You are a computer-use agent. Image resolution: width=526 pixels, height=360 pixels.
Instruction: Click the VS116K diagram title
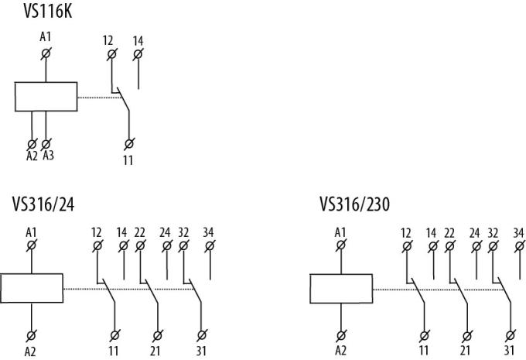point(48,11)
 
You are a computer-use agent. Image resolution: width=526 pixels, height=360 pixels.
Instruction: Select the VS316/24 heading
point(43,204)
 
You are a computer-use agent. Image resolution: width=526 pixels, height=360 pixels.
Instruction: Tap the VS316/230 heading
point(354,204)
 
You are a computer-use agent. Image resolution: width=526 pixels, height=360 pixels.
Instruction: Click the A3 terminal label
point(48,156)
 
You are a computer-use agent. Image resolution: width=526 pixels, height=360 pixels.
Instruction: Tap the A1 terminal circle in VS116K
point(46,53)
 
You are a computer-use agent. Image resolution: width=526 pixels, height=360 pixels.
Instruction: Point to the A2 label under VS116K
point(32,156)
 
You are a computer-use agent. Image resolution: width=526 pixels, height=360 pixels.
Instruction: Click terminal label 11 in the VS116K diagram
point(128,160)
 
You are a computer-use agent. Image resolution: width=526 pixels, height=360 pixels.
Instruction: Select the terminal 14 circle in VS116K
point(138,54)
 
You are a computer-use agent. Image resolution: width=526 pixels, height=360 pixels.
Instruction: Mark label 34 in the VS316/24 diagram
point(208,232)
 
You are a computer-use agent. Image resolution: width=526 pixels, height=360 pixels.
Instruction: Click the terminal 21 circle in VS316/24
point(157,335)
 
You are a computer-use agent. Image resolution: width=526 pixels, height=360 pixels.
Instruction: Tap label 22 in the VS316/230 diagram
point(449,233)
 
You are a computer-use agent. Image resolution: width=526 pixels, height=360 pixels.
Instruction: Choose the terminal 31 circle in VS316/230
point(511,335)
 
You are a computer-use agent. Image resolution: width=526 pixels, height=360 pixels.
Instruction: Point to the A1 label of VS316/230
point(340,232)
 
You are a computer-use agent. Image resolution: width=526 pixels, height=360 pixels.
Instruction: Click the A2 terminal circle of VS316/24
point(31,335)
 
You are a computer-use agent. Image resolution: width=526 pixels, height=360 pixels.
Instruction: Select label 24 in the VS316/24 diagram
point(165,232)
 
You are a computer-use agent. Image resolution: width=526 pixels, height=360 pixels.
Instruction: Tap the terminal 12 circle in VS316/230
point(407,247)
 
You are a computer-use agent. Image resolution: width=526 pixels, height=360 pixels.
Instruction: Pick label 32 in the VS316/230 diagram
point(493,233)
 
